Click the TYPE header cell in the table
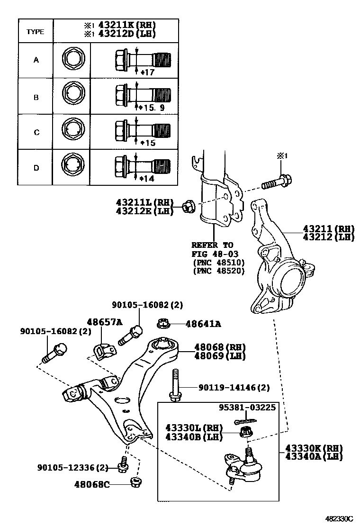point(36,32)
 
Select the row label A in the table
point(36,60)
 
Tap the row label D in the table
point(36,168)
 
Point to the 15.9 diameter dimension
point(152,108)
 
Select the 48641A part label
point(203,324)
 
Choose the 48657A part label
point(104,322)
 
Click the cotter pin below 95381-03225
point(245,420)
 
